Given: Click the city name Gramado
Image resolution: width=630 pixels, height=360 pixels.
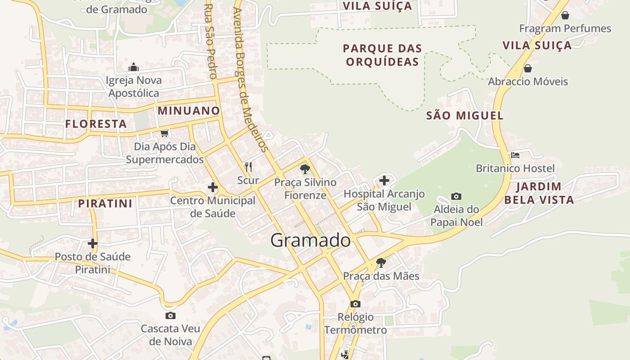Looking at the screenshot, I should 310,240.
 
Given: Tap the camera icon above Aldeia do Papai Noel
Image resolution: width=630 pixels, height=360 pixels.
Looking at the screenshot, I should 456,197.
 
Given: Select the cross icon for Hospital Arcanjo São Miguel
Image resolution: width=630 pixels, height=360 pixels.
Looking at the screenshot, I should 384,180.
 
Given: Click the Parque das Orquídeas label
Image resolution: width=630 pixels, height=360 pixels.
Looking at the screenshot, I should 382,55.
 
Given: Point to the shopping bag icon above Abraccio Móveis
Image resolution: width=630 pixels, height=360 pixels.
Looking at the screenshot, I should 528,69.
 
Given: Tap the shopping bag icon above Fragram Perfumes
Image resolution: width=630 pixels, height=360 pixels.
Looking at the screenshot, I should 565,16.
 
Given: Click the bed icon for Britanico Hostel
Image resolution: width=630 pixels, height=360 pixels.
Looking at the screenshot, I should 515,155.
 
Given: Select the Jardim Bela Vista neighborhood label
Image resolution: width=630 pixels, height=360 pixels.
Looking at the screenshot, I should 539,193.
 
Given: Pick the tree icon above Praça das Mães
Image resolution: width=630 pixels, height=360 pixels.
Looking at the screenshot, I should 381,262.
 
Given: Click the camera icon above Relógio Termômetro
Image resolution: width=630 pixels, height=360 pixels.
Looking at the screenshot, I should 355,304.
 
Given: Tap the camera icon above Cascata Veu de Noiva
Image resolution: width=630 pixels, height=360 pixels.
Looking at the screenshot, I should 171,315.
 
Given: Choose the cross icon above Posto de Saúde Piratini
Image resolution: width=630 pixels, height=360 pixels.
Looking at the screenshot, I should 93,243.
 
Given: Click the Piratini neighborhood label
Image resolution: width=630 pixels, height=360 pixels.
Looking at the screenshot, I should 105,203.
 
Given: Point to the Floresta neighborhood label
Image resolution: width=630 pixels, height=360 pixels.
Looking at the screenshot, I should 96,124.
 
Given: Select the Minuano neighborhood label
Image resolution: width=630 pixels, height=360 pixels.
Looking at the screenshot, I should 189,111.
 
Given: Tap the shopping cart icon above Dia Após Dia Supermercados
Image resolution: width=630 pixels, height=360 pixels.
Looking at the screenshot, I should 165,133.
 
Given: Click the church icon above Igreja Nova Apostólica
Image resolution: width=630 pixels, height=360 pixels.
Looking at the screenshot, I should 133,67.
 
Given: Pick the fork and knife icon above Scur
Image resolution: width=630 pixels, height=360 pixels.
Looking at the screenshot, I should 248,167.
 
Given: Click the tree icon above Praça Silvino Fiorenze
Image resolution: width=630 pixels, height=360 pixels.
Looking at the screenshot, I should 305,169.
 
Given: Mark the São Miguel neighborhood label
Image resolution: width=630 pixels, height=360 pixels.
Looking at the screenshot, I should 465,116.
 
